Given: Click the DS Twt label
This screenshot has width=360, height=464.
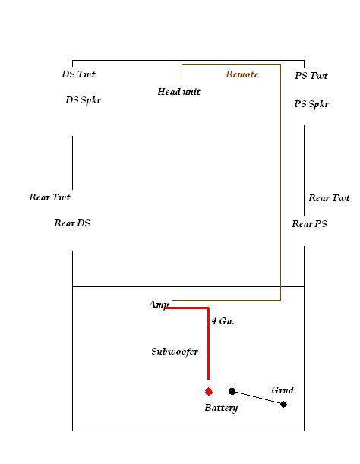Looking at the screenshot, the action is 79,74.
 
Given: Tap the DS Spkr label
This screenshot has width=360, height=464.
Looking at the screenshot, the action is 84,100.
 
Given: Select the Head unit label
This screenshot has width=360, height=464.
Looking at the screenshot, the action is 178,92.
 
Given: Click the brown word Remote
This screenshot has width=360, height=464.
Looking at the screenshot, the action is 242,74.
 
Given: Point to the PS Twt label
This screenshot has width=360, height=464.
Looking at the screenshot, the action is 311,76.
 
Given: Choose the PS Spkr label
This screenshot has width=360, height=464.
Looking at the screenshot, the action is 311,104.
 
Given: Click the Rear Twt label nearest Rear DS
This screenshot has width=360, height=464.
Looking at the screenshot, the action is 49,197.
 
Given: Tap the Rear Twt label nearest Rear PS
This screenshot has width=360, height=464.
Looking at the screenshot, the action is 329,198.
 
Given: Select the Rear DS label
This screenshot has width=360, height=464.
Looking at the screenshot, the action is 72,223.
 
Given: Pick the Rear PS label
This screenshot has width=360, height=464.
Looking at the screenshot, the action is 310,224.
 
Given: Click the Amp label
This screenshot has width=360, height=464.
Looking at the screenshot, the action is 159,305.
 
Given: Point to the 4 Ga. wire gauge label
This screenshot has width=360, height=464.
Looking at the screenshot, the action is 223,321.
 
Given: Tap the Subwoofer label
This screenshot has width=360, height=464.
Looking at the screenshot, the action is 175,352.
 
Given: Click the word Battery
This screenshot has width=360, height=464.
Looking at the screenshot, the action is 221,408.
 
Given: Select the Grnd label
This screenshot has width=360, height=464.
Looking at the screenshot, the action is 283,390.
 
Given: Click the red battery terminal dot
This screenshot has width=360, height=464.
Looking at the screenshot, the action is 208,392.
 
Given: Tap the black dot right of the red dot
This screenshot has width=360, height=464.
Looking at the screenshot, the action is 232,392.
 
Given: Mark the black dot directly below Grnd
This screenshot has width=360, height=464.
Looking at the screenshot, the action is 283,404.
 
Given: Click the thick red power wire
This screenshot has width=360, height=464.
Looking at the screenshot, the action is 208,326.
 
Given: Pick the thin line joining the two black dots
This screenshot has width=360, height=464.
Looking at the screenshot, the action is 258,398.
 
